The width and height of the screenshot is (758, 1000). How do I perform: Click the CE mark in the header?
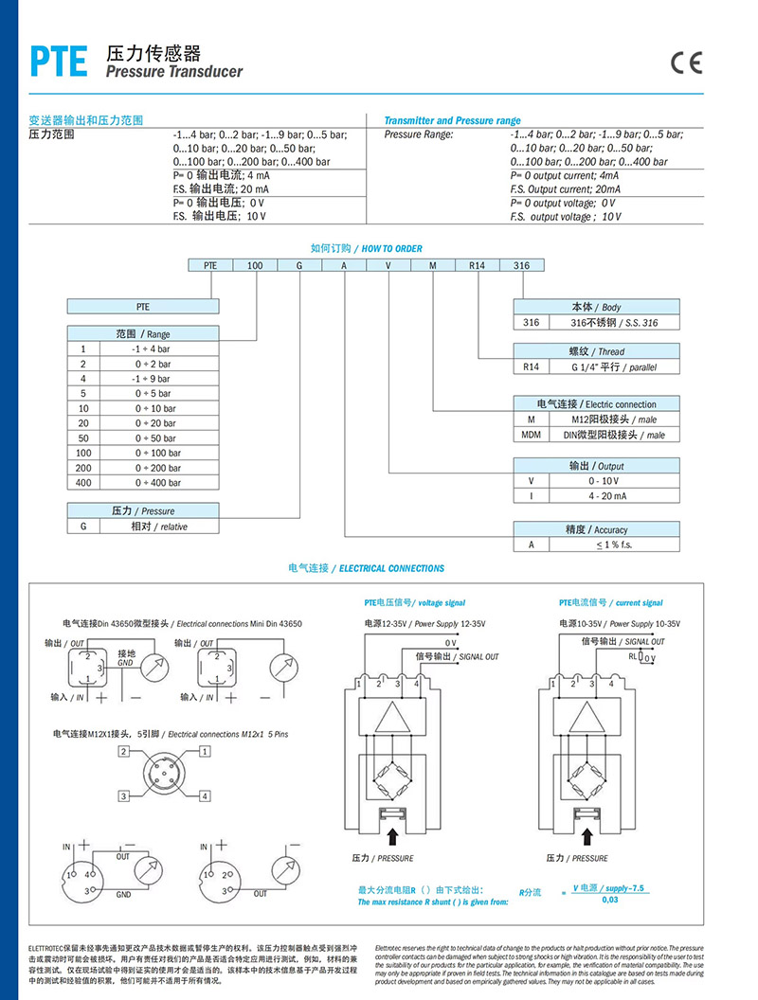[x=687, y=62]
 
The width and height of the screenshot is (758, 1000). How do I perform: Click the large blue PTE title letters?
[x=59, y=62]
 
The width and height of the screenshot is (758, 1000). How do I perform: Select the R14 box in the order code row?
[x=477, y=266]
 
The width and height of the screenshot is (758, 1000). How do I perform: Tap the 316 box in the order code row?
[x=521, y=266]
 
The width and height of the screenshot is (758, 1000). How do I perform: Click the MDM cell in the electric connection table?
[x=531, y=435]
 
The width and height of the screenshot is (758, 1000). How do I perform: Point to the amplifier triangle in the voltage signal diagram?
[x=391, y=716]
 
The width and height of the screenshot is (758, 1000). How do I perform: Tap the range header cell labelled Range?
[x=142, y=334]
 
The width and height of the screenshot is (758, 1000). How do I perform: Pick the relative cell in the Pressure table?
[x=157, y=526]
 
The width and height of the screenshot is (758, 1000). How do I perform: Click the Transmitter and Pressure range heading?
[x=452, y=121]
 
